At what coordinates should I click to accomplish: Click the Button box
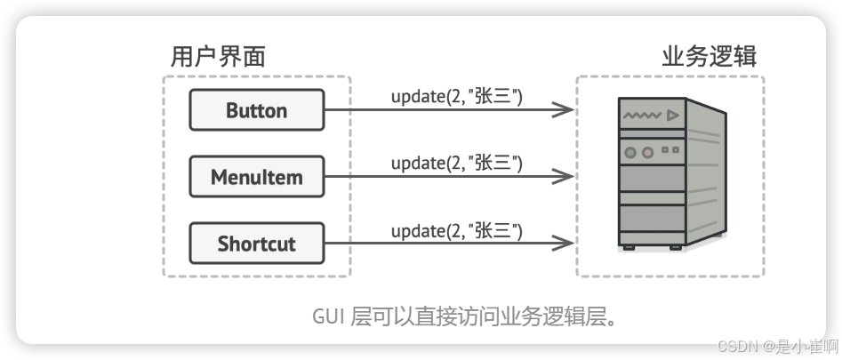(x=256, y=110)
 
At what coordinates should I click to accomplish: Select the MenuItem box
(x=256, y=176)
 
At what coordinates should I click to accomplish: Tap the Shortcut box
(x=256, y=243)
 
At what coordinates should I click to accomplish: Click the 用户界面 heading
(x=218, y=58)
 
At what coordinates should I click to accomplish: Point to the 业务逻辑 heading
(x=709, y=58)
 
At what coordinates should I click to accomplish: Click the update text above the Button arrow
(x=456, y=95)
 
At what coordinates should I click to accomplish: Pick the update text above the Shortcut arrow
(x=456, y=231)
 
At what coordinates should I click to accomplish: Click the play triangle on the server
(x=673, y=116)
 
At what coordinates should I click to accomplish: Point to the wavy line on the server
(x=644, y=116)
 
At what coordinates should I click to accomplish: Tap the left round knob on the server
(x=630, y=152)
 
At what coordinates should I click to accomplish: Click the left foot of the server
(x=629, y=247)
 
